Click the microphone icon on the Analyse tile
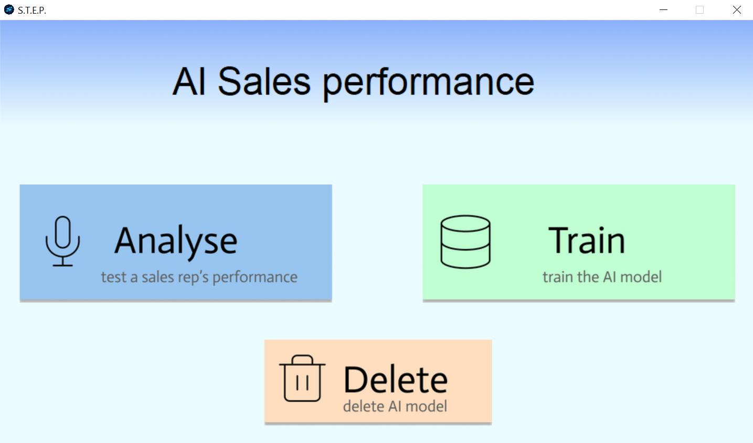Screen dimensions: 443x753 coord(62,241)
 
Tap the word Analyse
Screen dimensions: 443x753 coord(176,241)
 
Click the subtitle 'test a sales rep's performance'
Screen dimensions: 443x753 coord(199,277)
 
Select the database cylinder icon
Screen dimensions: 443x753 coord(465,241)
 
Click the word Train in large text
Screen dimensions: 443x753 coord(587,241)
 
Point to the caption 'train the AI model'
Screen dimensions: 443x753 coord(602,277)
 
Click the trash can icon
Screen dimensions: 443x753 coord(302,379)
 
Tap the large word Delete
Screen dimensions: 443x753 coord(396,379)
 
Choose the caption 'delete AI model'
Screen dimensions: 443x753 coord(395,406)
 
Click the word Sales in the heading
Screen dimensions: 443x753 coord(264,82)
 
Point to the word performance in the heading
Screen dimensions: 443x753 coord(428,83)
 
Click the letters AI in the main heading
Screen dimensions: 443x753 coord(189,82)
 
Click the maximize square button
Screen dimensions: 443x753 coord(699,10)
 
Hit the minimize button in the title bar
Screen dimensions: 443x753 coord(663,10)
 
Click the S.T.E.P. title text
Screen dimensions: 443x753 coord(32,10)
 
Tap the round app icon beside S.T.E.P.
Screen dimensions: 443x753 coord(9,9)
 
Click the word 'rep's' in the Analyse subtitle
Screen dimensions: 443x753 coord(190,277)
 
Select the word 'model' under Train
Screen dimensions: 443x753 coord(641,277)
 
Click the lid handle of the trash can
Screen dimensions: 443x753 coord(302,358)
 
